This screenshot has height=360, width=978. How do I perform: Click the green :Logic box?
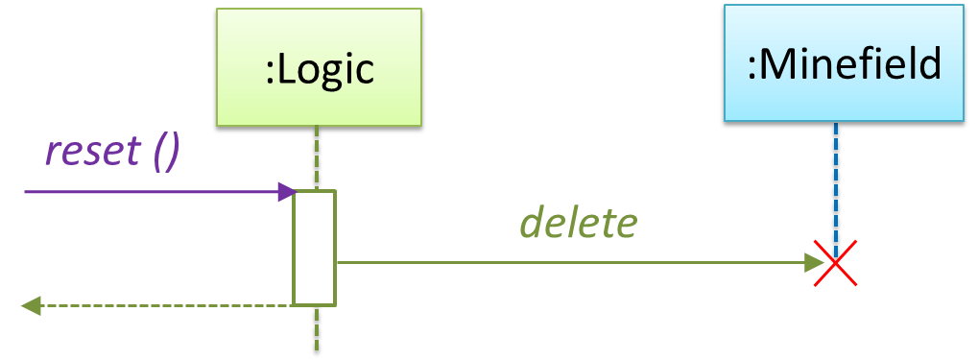pyautogui.click(x=319, y=67)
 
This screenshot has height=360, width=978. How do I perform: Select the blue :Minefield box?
pyautogui.click(x=844, y=62)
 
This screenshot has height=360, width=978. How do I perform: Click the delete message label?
pyautogui.click(x=579, y=224)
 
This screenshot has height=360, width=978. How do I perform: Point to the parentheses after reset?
pyautogui.click(x=167, y=153)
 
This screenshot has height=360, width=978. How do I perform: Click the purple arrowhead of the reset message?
pyautogui.click(x=287, y=192)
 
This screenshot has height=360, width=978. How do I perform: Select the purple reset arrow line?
pyautogui.click(x=160, y=192)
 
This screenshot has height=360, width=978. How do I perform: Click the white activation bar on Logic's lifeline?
pyautogui.click(x=315, y=249)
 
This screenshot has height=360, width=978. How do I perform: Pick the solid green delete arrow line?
pyautogui.click(x=580, y=263)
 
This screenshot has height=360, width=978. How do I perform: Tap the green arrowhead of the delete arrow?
pyautogui.click(x=815, y=263)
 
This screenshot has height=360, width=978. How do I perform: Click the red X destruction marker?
pyautogui.click(x=835, y=263)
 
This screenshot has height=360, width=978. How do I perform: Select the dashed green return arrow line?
pyautogui.click(x=156, y=305)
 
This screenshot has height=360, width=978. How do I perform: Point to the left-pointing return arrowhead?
pyautogui.click(x=31, y=305)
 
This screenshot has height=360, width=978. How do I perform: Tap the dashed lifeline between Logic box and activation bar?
pyautogui.click(x=317, y=157)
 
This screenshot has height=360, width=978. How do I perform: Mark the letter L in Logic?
pyautogui.click(x=286, y=69)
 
